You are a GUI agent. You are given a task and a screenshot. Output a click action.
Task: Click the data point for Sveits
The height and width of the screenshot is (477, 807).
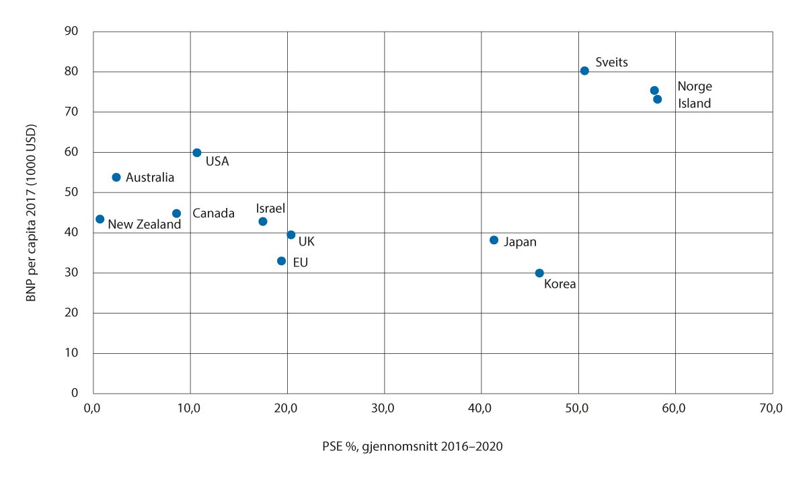click(x=584, y=71)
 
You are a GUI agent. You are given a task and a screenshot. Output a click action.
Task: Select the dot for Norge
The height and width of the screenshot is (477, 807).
click(x=654, y=90)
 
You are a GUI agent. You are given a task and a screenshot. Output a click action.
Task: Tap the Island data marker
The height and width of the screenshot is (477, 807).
click(x=658, y=100)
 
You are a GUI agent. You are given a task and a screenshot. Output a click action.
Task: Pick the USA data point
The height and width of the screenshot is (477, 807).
click(x=197, y=153)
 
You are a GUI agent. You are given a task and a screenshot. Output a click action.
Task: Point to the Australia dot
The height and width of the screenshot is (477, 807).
click(x=116, y=177)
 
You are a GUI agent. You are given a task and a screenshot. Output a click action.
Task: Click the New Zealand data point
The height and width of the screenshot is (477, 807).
click(x=100, y=219)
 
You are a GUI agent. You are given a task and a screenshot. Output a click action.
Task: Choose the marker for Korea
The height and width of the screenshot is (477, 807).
click(x=539, y=273)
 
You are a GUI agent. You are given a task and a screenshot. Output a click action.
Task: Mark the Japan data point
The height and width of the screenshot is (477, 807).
click(x=494, y=240)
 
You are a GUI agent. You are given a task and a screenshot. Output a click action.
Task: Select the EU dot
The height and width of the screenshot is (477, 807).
click(x=282, y=261)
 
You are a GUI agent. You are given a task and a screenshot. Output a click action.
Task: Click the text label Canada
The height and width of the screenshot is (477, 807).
click(x=213, y=213)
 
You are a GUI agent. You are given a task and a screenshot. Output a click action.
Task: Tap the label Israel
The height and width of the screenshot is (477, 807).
click(x=271, y=208)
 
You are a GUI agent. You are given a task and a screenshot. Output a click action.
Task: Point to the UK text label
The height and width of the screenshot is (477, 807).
click(x=306, y=241)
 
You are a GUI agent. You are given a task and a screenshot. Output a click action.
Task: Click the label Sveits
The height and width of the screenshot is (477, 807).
click(x=612, y=62)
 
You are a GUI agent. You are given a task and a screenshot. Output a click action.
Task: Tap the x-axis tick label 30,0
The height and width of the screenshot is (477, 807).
click(x=383, y=408)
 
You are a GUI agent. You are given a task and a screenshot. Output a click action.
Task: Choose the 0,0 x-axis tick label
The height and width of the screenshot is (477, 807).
click(x=93, y=408)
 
